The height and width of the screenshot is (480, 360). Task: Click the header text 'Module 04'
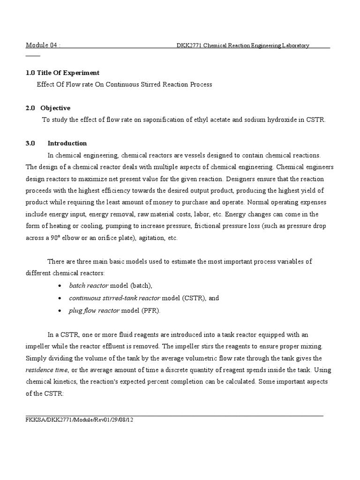click(41, 45)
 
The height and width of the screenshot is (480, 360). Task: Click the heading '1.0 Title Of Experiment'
click(62, 73)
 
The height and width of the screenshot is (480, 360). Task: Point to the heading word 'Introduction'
click(67, 143)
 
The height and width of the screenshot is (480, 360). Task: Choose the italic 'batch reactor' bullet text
click(89, 285)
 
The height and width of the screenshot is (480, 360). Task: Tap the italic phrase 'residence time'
click(46, 370)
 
